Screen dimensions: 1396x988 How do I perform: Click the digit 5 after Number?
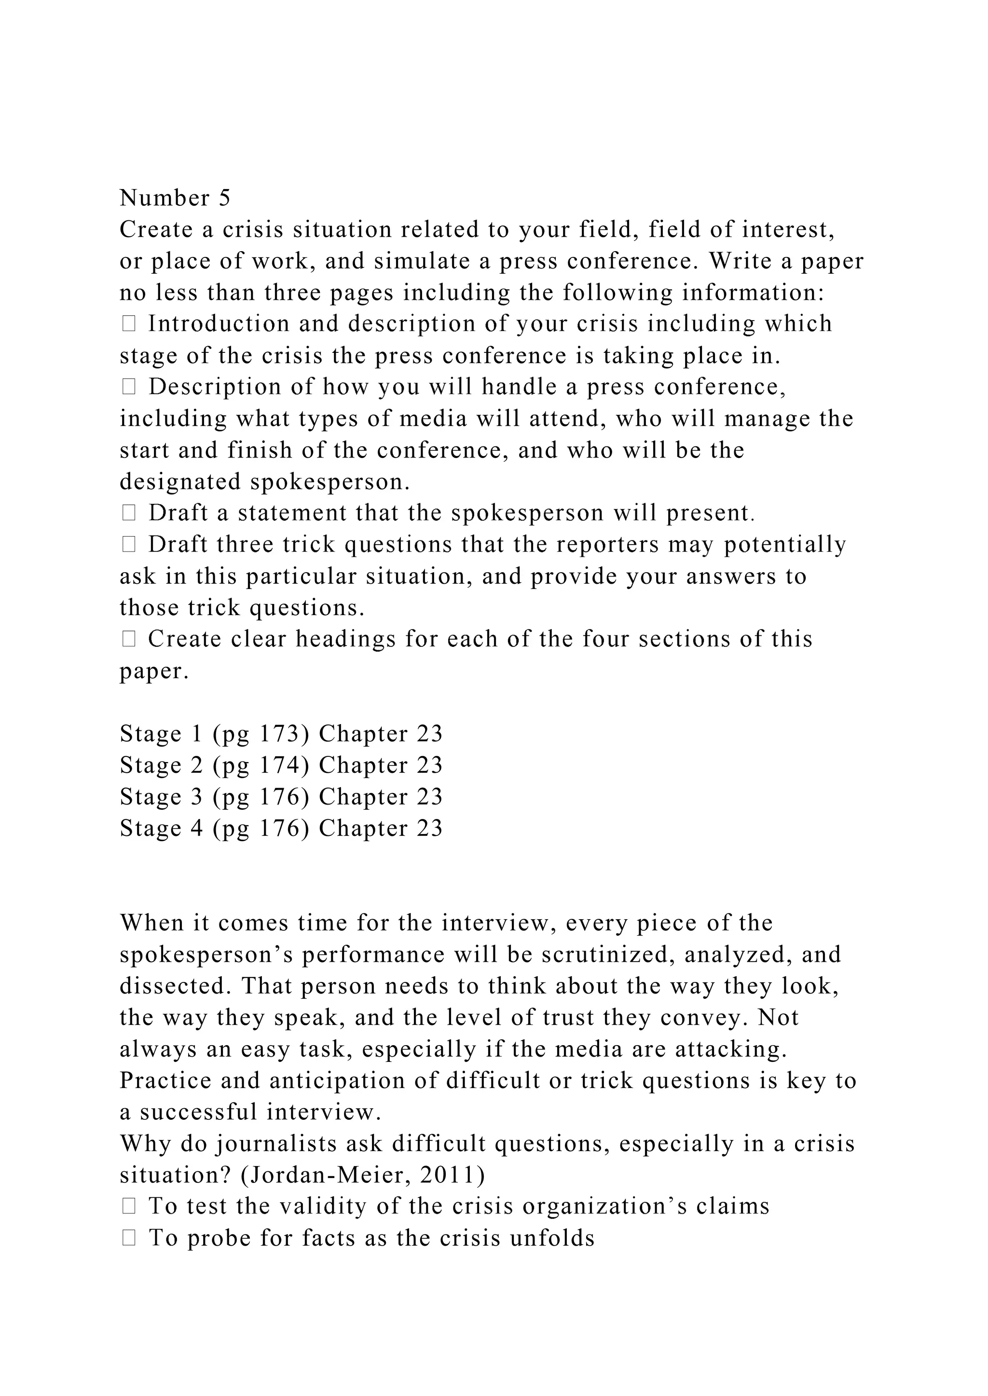[x=224, y=198]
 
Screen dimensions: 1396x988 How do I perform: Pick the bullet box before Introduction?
[x=128, y=324]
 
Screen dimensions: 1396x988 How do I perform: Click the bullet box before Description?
[x=128, y=387]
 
